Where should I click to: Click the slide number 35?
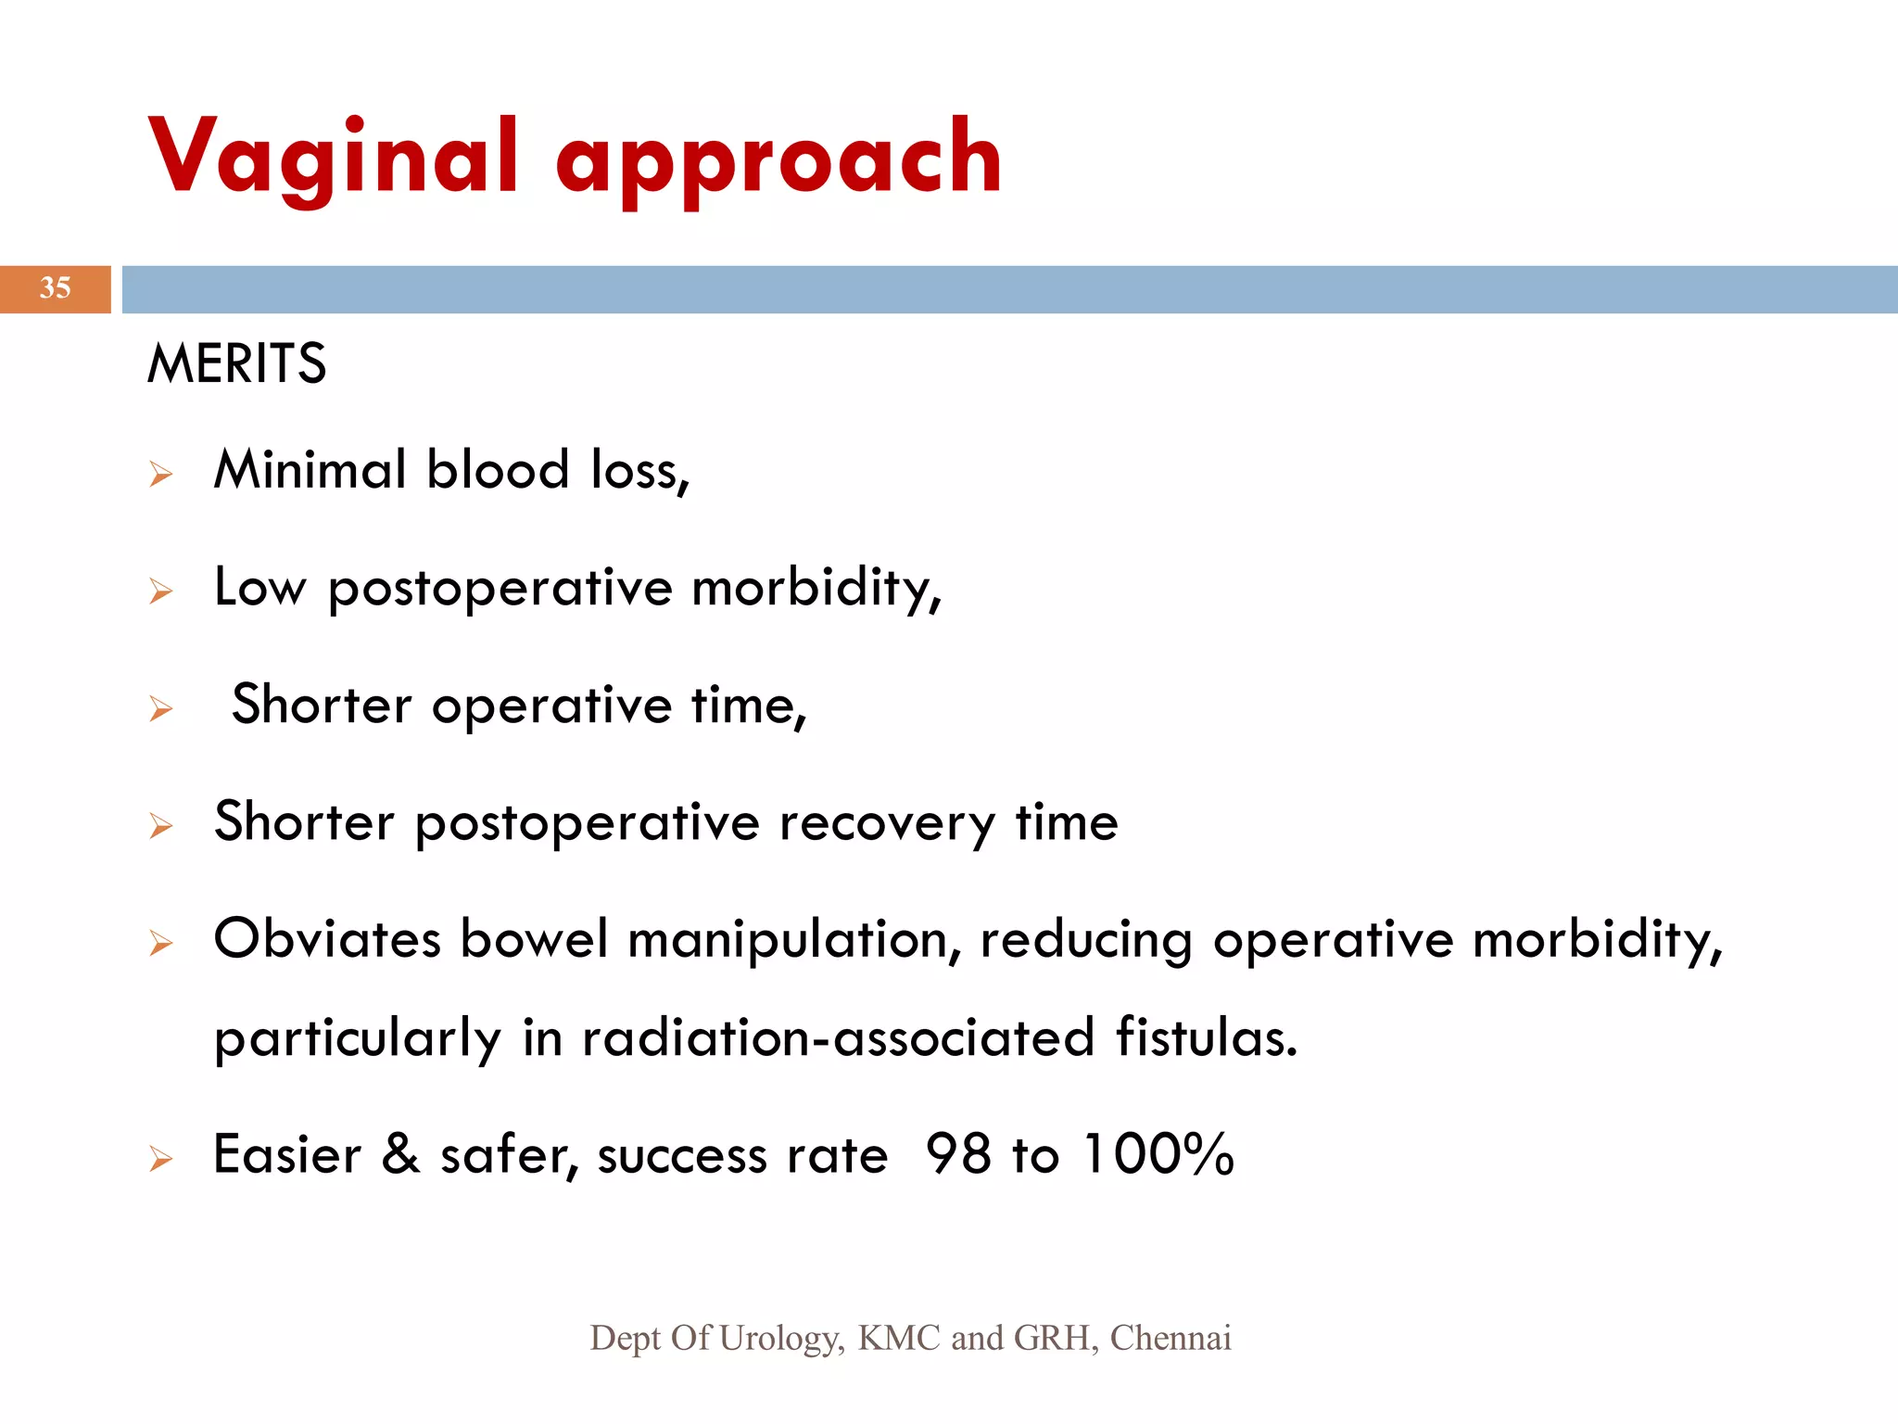pos(55,288)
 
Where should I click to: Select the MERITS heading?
pos(236,362)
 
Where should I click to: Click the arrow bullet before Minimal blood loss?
pos(161,475)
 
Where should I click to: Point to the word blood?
pos(498,469)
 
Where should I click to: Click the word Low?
pos(259,587)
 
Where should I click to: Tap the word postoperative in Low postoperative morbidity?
pos(500,591)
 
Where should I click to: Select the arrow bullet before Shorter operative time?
pos(161,709)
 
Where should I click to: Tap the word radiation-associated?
pos(838,1037)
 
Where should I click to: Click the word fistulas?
pos(1206,1037)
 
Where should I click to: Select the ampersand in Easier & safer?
pos(400,1154)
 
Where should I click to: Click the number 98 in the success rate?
pos(958,1154)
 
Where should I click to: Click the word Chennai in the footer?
pos(1170,1338)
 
